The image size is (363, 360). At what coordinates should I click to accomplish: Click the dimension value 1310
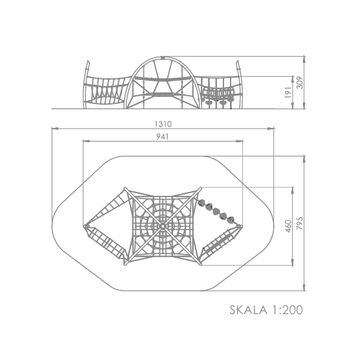click(163, 124)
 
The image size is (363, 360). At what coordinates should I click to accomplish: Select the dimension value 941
click(163, 136)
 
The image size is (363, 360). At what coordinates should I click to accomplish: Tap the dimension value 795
click(300, 223)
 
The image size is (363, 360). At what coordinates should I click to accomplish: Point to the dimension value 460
click(288, 226)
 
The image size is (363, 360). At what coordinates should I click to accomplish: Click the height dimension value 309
click(300, 83)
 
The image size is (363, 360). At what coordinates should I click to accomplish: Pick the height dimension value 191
click(288, 92)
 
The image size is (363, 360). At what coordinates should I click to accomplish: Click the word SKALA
click(248, 310)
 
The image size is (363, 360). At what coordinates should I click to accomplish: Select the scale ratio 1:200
click(287, 310)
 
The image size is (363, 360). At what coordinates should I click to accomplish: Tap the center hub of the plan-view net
click(163, 226)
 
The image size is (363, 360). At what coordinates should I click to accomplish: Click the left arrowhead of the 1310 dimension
click(55, 129)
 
